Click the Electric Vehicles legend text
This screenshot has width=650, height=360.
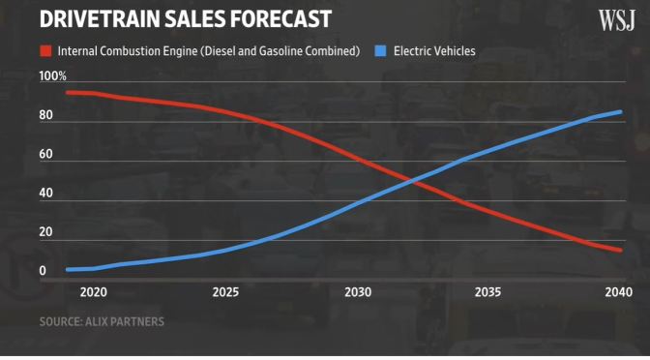click(x=434, y=50)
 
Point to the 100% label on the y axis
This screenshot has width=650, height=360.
click(x=52, y=75)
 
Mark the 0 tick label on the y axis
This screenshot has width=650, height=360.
click(x=42, y=271)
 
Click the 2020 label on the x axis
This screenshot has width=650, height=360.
click(x=94, y=292)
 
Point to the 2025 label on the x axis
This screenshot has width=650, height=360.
click(x=225, y=292)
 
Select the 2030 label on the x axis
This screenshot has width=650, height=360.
click(x=358, y=292)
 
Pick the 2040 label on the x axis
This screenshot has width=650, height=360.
click(x=617, y=292)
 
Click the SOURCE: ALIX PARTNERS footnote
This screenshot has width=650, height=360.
click(x=102, y=321)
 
